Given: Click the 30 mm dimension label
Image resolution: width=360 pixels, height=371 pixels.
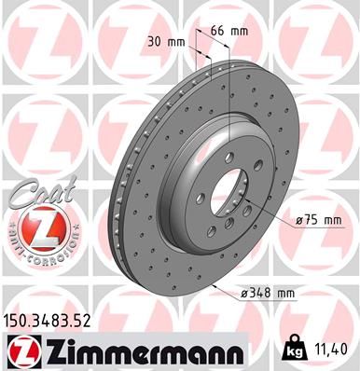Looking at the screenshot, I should click(x=161, y=41).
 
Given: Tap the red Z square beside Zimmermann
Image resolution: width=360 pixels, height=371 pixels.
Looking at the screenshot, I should click(x=21, y=351).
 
